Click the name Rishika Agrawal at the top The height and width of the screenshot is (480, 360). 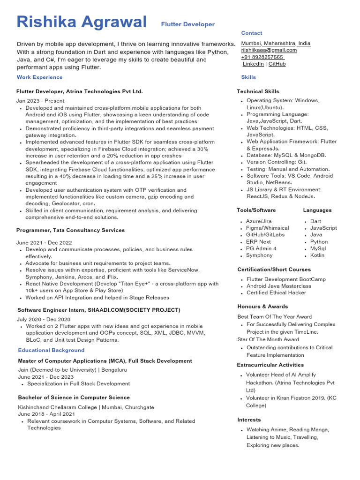point(81,22)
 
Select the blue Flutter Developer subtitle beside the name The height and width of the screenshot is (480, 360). point(187,24)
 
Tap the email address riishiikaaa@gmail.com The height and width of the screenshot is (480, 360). point(269,50)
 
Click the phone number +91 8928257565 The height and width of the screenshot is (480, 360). point(262,57)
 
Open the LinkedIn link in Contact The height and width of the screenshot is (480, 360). point(253,64)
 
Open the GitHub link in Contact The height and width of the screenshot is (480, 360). point(277,64)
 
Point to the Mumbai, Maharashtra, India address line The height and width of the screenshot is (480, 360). point(276,43)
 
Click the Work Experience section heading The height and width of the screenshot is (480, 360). point(39,77)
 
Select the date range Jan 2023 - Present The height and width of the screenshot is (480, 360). point(40,101)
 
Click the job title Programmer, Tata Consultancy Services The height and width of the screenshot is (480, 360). point(70,230)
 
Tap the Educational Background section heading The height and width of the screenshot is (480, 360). point(51,350)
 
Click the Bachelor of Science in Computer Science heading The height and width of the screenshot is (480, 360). point(74,397)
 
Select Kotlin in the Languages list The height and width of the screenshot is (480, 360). point(317,255)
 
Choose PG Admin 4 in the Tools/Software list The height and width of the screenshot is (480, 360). point(261,248)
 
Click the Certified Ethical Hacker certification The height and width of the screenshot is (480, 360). point(276,292)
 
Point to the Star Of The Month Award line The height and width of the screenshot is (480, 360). point(268,339)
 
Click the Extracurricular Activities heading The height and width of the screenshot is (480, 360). point(270,365)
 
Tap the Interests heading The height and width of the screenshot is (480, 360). point(249,420)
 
